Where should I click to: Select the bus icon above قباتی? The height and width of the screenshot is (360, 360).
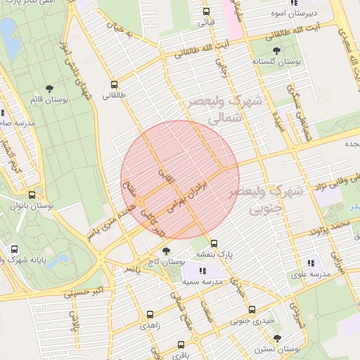coord(206,11)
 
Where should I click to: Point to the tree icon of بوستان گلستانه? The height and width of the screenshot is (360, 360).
coord(276,51)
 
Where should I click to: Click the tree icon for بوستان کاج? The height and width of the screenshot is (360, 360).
coord(166,250)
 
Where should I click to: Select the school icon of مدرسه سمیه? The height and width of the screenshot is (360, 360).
coord(203,271)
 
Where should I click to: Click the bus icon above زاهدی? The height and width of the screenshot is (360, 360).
coord(150,315)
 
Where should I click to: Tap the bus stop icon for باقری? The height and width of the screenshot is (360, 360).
coord(181,345)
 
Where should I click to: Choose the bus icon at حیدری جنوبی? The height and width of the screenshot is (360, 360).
coord(252,309)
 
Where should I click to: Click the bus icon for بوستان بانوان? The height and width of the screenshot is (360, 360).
coord(32,195)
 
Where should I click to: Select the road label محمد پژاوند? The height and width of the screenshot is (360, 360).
coord(331,226)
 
